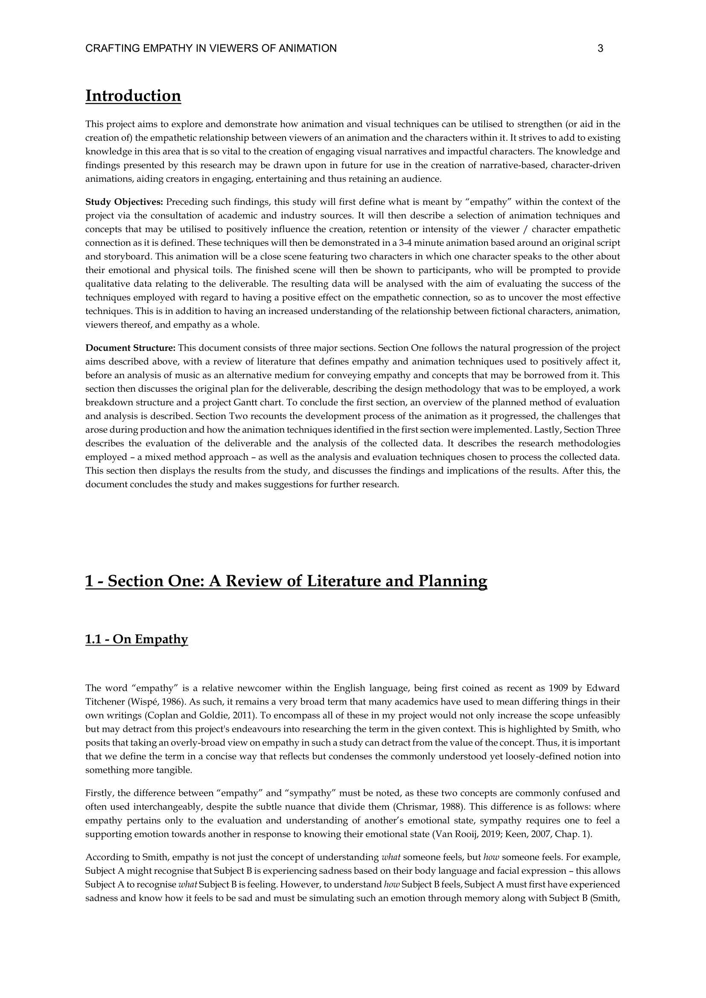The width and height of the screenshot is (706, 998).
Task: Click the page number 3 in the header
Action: [x=601, y=49]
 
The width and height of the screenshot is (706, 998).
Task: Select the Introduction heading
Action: [x=133, y=96]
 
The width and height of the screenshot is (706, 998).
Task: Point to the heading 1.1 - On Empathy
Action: [x=137, y=640]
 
